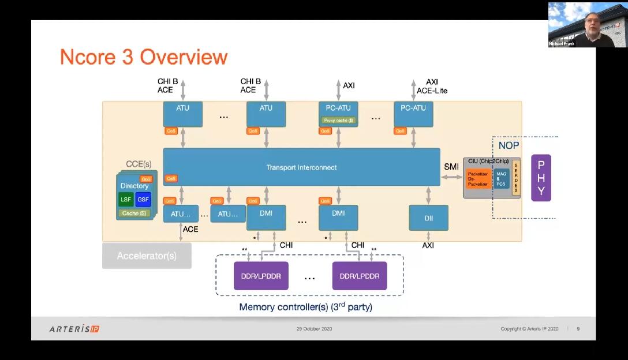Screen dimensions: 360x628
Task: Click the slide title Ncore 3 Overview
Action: (144, 57)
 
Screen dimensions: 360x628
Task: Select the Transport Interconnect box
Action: (301, 167)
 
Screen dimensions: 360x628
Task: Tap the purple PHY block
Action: (541, 178)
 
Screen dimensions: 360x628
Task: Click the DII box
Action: (428, 219)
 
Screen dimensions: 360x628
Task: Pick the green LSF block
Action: (126, 200)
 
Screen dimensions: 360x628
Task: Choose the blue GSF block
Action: (143, 200)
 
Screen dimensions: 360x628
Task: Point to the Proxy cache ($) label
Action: (338, 121)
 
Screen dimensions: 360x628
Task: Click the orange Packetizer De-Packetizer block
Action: (478, 178)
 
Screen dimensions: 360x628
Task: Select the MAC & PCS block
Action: (500, 178)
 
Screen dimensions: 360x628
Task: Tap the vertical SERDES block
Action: (515, 178)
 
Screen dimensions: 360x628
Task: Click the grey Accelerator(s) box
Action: (147, 256)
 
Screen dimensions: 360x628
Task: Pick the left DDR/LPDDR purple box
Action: (261, 276)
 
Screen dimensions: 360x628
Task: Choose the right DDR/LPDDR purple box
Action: (360, 276)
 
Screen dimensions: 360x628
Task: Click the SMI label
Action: (451, 167)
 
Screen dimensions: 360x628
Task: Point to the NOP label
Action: (509, 145)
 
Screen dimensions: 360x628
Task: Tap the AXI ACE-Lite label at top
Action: (432, 87)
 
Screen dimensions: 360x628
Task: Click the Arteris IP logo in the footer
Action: (74, 329)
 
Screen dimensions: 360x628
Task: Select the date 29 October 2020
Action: (314, 329)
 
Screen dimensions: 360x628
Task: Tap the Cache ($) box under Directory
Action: (135, 213)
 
